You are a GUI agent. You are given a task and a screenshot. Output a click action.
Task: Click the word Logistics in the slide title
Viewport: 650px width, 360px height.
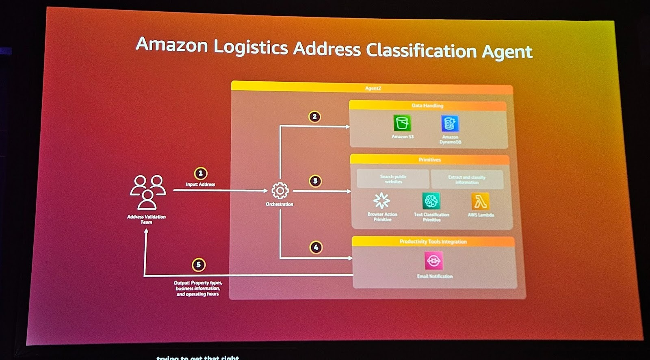pos(251,47)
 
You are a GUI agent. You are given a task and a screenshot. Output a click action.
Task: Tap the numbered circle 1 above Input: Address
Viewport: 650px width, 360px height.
pos(200,173)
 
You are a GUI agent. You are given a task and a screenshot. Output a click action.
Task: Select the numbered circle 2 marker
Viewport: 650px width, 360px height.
pos(314,117)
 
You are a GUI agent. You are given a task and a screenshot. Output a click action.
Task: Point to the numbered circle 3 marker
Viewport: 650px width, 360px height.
pos(315,181)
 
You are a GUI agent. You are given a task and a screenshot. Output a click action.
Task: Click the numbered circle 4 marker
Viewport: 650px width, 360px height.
pos(316,247)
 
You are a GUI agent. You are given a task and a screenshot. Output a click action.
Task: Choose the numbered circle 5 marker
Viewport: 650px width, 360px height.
pos(199,265)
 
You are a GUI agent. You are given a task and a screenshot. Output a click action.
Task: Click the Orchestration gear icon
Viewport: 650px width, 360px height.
pos(280,191)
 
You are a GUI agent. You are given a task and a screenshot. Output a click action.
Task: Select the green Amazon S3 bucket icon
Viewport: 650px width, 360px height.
pos(402,123)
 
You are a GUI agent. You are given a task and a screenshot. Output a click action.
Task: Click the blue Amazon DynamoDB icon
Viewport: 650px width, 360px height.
pos(450,124)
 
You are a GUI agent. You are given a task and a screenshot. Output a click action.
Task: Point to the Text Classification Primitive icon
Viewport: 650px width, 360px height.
pos(431,201)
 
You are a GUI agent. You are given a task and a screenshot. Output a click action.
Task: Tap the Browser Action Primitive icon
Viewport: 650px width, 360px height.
pos(382,201)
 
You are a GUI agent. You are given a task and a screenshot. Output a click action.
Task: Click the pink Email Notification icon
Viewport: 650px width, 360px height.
pos(434,261)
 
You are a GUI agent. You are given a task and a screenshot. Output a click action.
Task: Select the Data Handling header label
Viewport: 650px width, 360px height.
pos(427,106)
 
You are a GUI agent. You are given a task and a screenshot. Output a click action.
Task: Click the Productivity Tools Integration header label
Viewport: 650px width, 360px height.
pos(433,241)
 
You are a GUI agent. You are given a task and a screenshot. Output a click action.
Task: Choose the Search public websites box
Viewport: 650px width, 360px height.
pos(393,179)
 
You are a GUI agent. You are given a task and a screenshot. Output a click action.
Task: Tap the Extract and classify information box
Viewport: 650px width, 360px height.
pos(467,180)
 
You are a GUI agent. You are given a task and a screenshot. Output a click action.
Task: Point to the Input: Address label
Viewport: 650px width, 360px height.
pos(200,184)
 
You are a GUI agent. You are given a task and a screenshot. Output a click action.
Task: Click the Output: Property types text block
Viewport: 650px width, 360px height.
pos(198,288)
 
